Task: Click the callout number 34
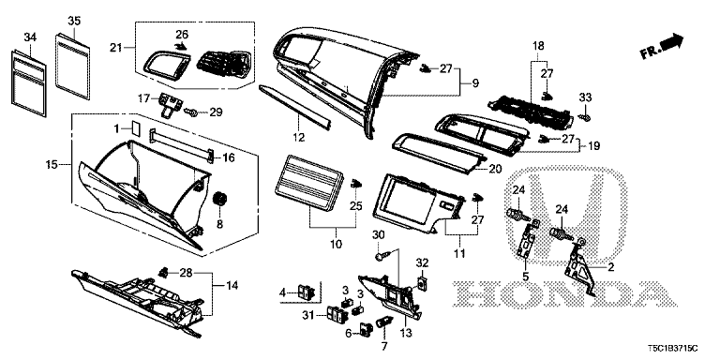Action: point(29,37)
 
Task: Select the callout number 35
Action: point(74,20)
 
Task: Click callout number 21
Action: point(116,47)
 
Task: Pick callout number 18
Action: point(539,46)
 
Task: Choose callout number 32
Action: point(422,262)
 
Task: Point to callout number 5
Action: point(526,277)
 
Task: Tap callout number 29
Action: point(215,112)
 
